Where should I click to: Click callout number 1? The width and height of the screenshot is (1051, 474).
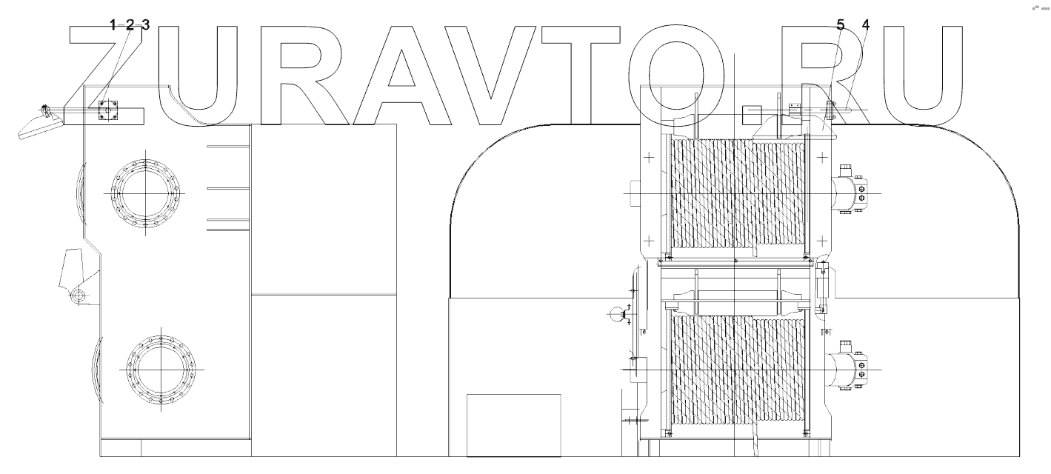(x=113, y=25)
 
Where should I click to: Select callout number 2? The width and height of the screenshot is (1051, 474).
(x=130, y=25)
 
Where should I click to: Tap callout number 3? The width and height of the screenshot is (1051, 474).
(x=146, y=25)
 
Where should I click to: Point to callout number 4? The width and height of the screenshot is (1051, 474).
(x=866, y=25)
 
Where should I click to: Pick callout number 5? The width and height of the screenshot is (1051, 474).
(x=840, y=25)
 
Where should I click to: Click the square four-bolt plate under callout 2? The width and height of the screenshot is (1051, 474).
(x=109, y=110)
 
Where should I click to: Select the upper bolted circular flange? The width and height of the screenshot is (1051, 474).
(x=146, y=193)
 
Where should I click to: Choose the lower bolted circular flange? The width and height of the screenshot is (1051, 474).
(x=161, y=368)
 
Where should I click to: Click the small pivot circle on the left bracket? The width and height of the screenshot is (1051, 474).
(x=78, y=297)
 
